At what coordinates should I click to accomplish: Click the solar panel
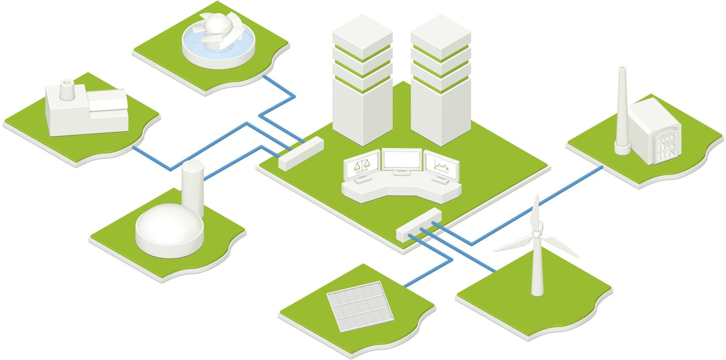coord(360,306)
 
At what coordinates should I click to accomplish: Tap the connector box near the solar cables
coord(419,224)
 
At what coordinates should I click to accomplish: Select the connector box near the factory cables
coord(301,153)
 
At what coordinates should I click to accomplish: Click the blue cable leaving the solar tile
coord(431,271)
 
